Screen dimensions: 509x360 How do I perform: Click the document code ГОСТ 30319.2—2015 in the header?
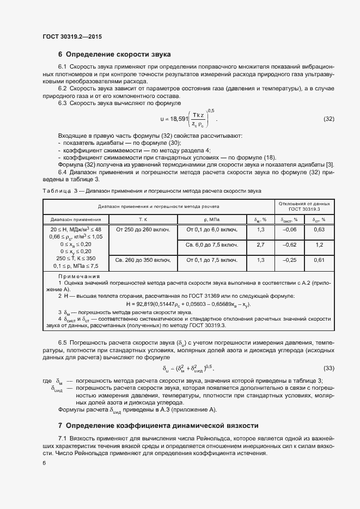[x=72, y=36]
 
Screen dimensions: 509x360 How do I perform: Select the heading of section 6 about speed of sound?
[x=114, y=54]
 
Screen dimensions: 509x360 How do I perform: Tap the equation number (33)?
[x=328, y=368]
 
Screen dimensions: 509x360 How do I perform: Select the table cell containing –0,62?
[x=289, y=245]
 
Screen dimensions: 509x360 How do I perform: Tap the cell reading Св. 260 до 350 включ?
[x=143, y=260]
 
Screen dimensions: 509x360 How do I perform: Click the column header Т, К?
[x=143, y=219]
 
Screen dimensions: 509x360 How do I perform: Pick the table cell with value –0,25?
[x=289, y=260]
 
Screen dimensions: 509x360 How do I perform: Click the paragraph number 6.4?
[x=64, y=171]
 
